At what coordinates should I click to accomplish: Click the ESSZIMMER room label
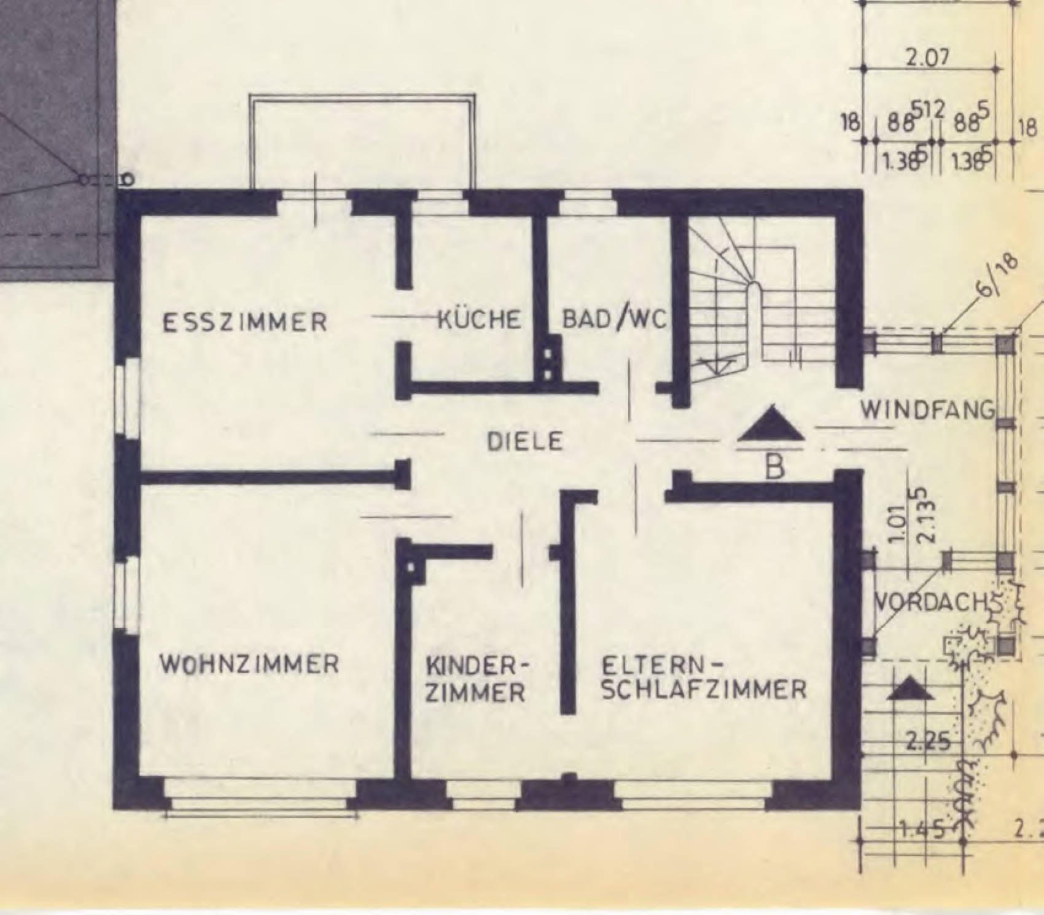click(x=244, y=322)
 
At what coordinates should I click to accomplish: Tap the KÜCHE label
click(x=479, y=319)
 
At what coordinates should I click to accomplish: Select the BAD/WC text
click(x=614, y=319)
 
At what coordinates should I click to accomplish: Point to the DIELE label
click(x=524, y=442)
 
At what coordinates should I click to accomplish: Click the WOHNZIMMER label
click(x=249, y=664)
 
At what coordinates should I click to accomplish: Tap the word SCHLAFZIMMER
click(x=704, y=690)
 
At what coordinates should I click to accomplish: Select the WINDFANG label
click(x=927, y=410)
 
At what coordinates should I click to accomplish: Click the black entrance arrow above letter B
click(x=771, y=425)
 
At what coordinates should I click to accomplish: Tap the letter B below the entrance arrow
click(x=775, y=468)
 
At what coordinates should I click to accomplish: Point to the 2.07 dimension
click(x=927, y=57)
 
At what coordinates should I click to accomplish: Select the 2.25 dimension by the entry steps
click(x=927, y=741)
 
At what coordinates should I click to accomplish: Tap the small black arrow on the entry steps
click(x=911, y=690)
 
